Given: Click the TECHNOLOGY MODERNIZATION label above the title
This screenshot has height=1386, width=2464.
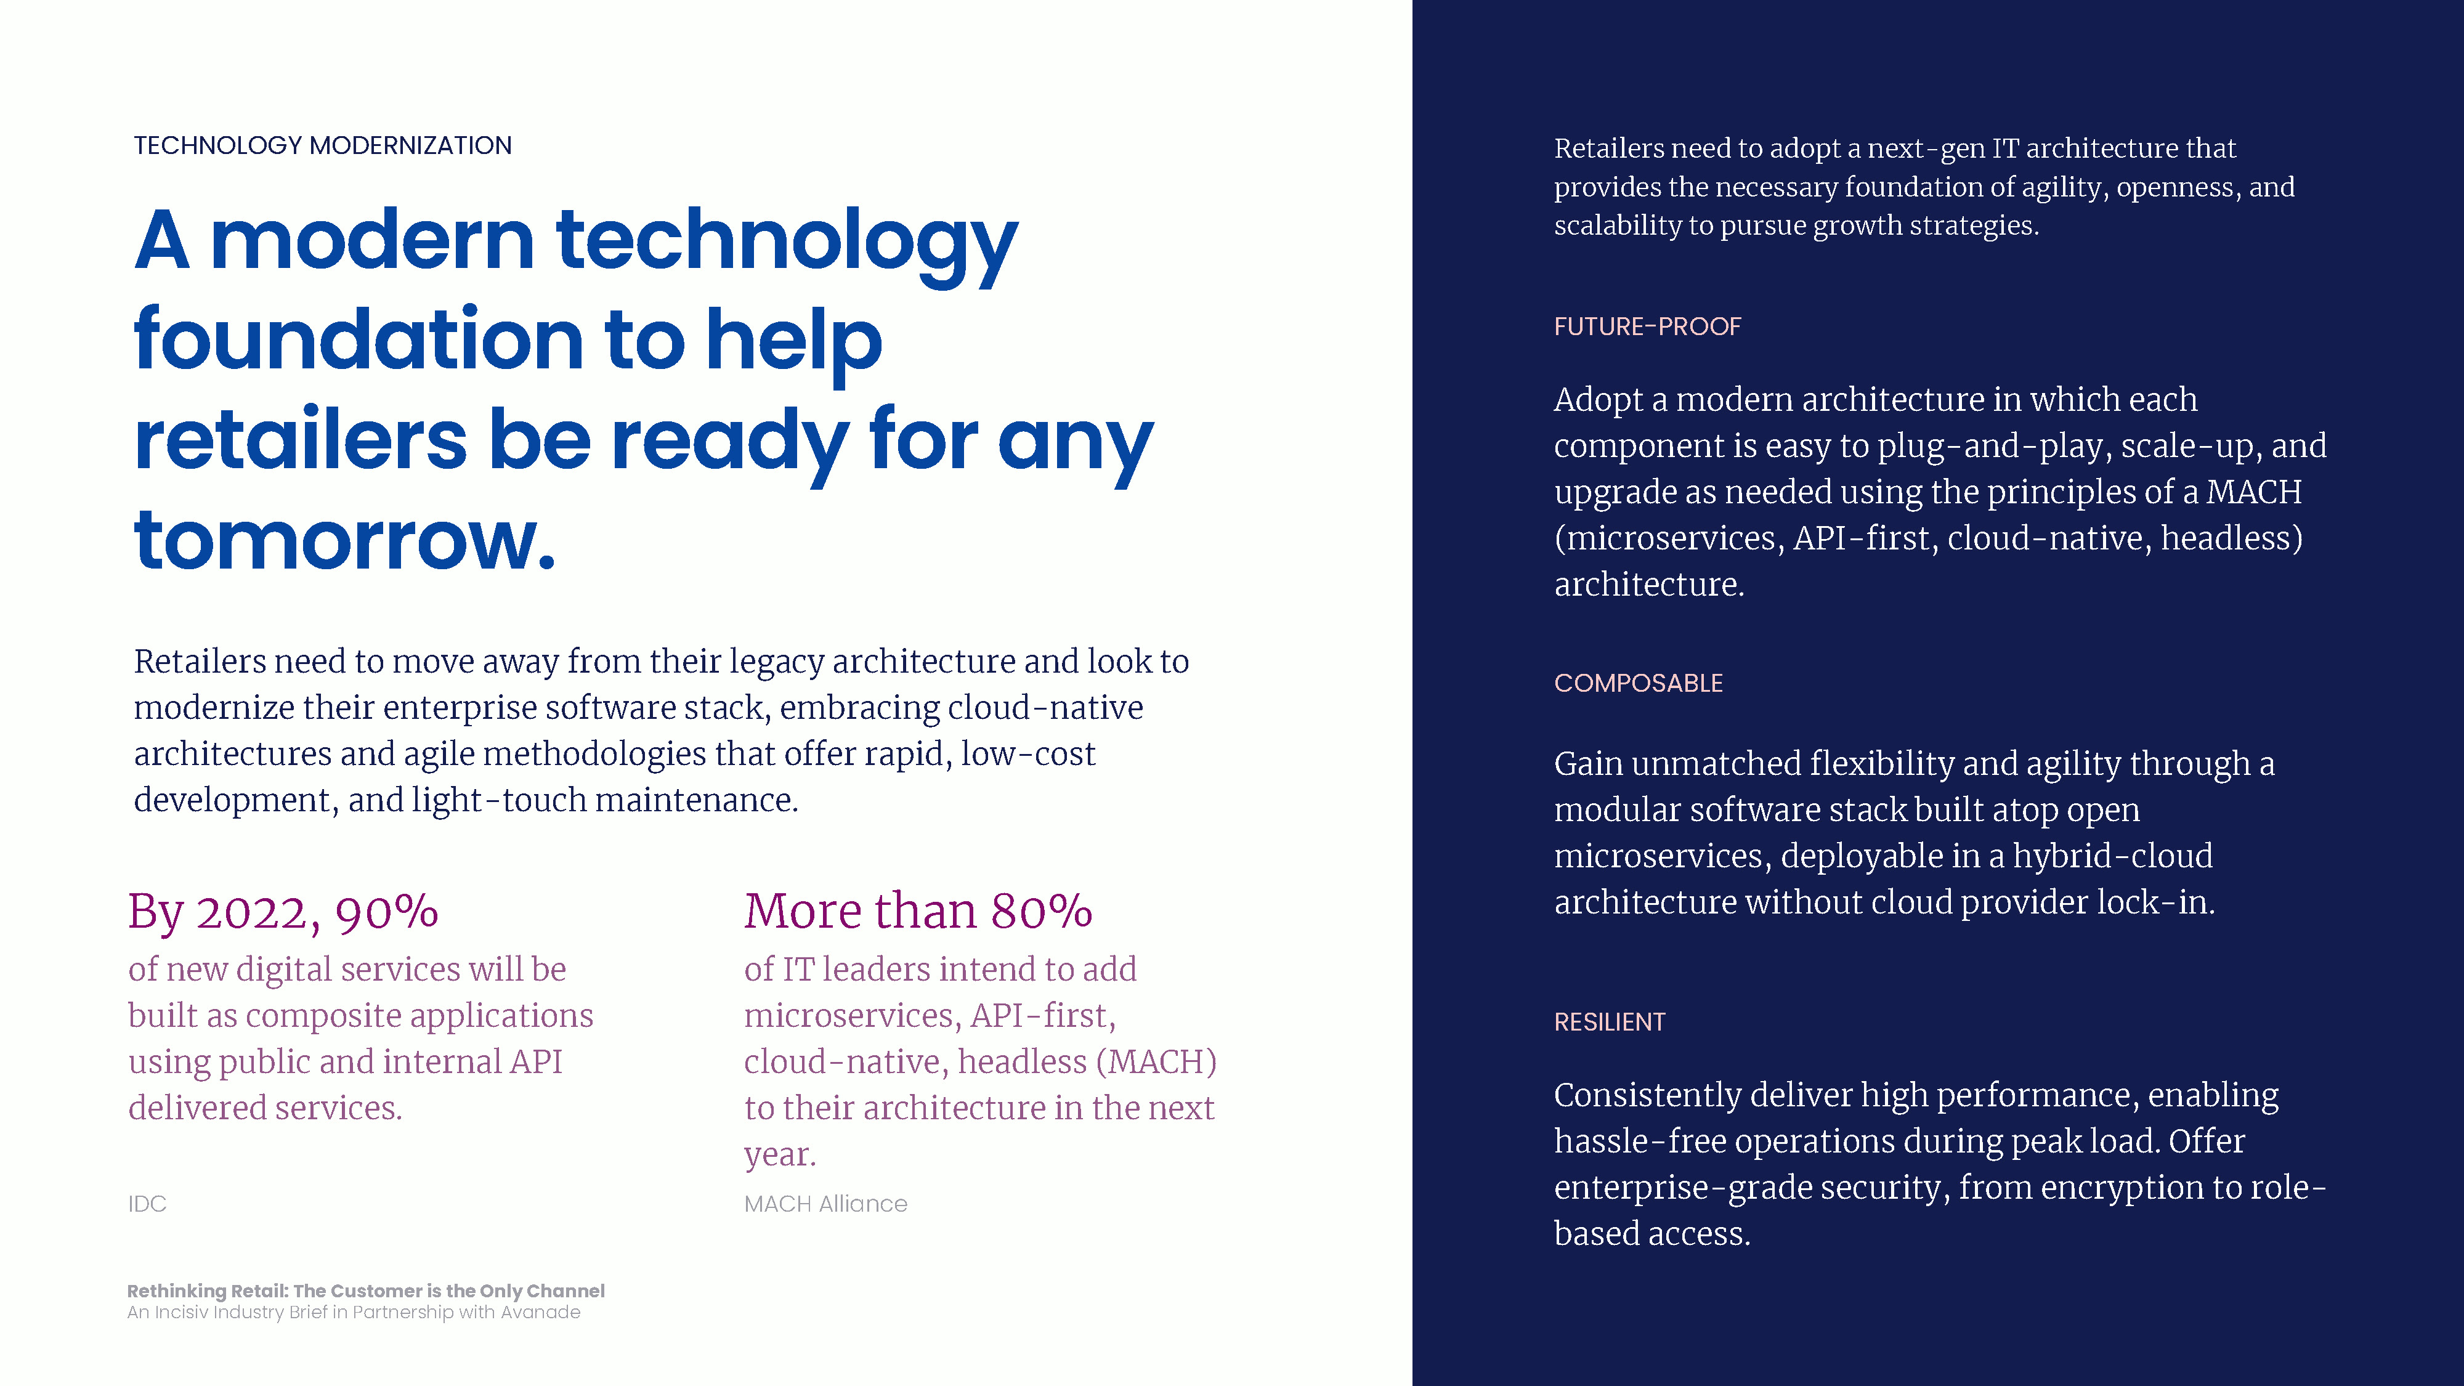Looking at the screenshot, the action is pyautogui.click(x=322, y=145).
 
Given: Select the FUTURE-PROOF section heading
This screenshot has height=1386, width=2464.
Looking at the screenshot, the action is pyautogui.click(x=1647, y=326).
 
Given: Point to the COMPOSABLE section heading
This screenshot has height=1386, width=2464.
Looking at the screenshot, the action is pyautogui.click(x=1639, y=683).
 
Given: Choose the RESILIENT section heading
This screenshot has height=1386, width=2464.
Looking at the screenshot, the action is pyautogui.click(x=1609, y=1021).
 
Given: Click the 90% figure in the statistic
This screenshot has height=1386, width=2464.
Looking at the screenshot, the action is pyautogui.click(x=386, y=912).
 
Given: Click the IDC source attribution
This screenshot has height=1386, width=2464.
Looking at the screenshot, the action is pyautogui.click(x=147, y=1203).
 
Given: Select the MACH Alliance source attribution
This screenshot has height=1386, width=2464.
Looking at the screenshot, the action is pyautogui.click(x=825, y=1203).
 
